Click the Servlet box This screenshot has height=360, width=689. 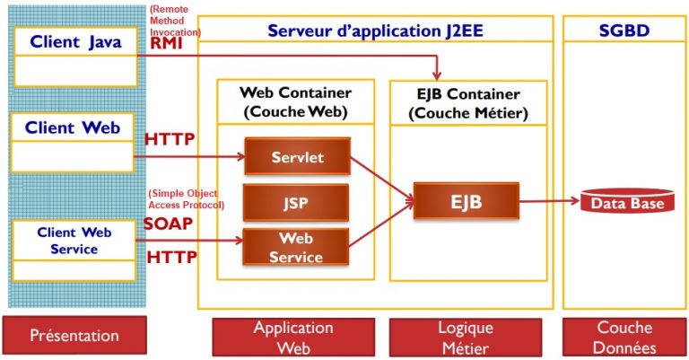coord(298,156)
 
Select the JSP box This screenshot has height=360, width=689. coord(296,203)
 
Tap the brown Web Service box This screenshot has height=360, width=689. coord(296,247)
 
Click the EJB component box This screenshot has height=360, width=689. coord(467,201)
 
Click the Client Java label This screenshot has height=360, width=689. coord(75,42)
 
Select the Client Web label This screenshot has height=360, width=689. coord(73,127)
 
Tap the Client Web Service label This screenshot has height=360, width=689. coord(74,241)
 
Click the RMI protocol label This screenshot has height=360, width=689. coord(166,43)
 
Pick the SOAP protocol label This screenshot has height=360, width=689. coord(169,224)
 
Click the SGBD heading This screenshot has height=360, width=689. coord(624,31)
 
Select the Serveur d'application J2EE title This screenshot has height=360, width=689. coord(375,31)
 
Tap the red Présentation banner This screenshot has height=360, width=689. coord(74,335)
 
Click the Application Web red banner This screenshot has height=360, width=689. coord(293,338)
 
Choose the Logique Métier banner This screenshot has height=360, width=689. coord(466,338)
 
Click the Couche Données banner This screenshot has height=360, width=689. coord(624,338)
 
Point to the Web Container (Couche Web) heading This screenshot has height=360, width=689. coord(296,102)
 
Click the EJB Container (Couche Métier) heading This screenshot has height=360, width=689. coord(468,103)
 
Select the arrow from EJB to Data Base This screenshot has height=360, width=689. coord(550,201)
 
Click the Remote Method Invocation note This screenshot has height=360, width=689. coord(175,21)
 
